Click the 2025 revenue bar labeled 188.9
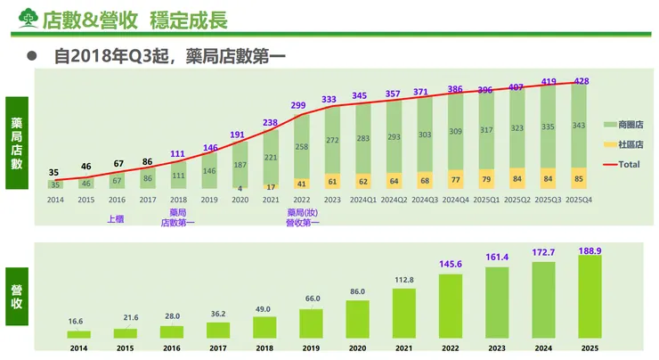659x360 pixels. [590, 297]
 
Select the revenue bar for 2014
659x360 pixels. [78, 334]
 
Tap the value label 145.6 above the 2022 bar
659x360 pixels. [450, 265]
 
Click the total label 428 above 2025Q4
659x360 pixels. [581, 81]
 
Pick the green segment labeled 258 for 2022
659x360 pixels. [302, 146]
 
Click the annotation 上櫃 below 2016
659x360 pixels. [116, 215]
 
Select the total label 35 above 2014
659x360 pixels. [55, 172]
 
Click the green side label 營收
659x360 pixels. [17, 296]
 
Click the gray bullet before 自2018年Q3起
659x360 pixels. [31, 55]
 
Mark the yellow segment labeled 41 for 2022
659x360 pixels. [302, 184]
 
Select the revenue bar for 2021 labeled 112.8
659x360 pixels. [403, 313]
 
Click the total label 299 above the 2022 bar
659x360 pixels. [297, 105]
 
